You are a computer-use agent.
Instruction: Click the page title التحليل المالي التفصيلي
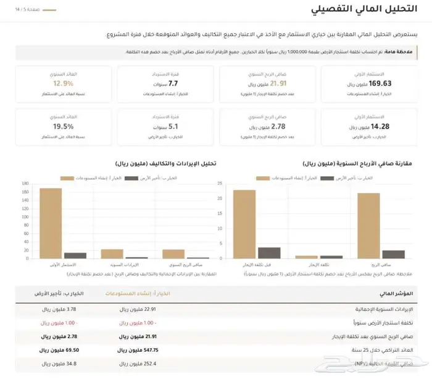pyautogui.click(x=373, y=11)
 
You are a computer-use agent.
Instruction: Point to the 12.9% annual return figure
pyautogui.click(x=64, y=83)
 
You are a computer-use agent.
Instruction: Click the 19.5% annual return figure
pyautogui.click(x=64, y=126)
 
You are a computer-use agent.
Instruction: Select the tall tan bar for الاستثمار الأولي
pyautogui.click(x=51, y=223)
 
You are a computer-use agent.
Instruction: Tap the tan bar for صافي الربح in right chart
pyautogui.click(x=368, y=226)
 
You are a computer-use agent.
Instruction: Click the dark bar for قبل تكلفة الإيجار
pyautogui.click(x=269, y=252)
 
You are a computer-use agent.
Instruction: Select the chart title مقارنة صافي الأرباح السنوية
pyautogui.click(x=359, y=164)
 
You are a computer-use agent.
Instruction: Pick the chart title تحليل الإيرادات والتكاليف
pyautogui.click(x=165, y=164)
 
